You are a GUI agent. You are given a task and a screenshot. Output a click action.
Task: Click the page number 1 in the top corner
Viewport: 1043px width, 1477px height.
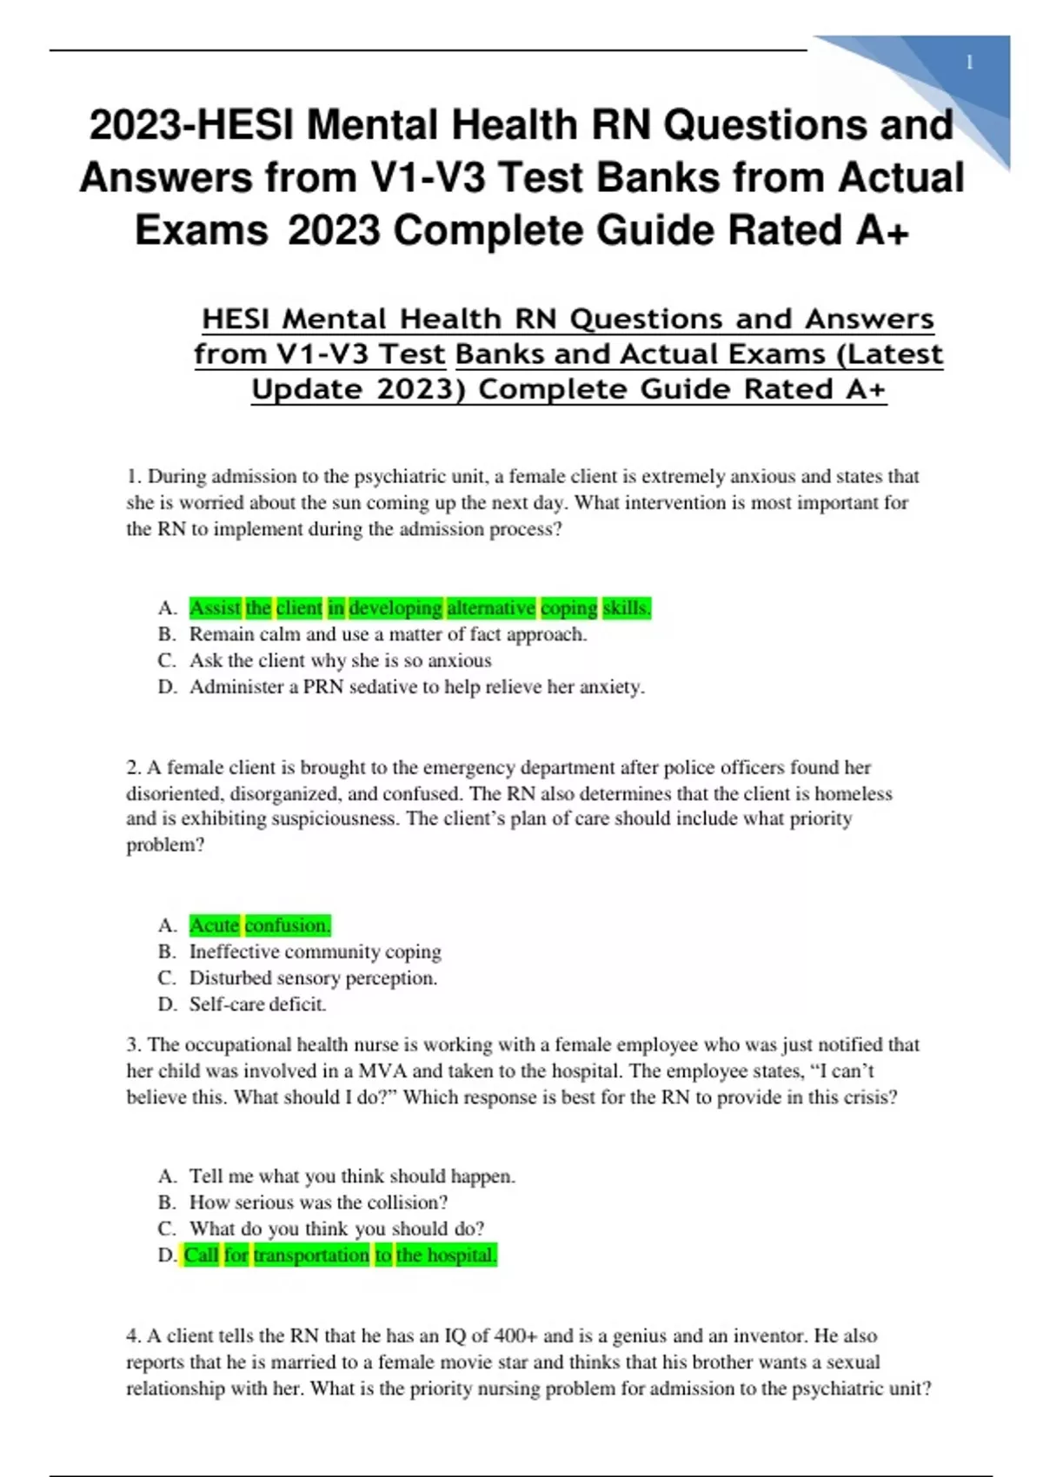(969, 63)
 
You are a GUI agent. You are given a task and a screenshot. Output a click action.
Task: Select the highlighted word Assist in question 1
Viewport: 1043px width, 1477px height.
(215, 608)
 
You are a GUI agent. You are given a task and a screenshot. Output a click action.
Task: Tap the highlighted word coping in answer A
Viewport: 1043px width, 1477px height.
(568, 608)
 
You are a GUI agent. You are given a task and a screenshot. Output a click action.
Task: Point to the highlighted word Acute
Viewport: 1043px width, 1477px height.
(214, 925)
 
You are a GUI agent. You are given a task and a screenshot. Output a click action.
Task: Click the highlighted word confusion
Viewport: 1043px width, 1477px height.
(288, 925)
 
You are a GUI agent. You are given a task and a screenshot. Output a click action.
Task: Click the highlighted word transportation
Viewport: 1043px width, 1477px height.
(311, 1255)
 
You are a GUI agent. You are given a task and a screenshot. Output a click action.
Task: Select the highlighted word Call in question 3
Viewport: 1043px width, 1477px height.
(201, 1255)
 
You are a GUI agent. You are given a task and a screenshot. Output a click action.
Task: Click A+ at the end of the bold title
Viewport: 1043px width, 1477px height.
(882, 231)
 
